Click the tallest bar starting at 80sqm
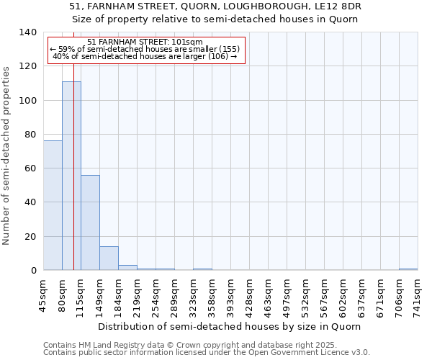71,176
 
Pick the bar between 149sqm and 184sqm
109,258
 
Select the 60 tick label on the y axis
31,168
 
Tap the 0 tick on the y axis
34,271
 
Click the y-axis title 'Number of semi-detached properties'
7,156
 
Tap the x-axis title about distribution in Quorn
230,326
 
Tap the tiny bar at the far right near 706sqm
408,269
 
